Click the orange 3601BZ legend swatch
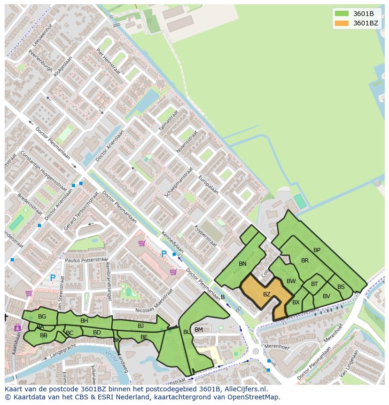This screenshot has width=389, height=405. (342, 23)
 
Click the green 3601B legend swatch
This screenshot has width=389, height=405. (342, 14)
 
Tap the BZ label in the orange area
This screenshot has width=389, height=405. (266, 294)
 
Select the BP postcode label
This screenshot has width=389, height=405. (317, 250)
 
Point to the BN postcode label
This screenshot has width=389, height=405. (242, 264)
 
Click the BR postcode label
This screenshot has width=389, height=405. (305, 261)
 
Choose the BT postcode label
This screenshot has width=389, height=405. (314, 284)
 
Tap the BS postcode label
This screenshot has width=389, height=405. (341, 287)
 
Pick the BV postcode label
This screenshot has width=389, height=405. (326, 296)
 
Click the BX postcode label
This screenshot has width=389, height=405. (296, 302)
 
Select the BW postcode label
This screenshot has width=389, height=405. (291, 281)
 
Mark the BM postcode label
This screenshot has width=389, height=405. (199, 330)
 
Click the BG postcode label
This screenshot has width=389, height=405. (42, 317)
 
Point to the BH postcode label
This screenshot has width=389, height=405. (84, 321)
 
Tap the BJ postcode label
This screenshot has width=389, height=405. (140, 326)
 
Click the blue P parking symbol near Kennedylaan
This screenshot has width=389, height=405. (163, 254)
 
